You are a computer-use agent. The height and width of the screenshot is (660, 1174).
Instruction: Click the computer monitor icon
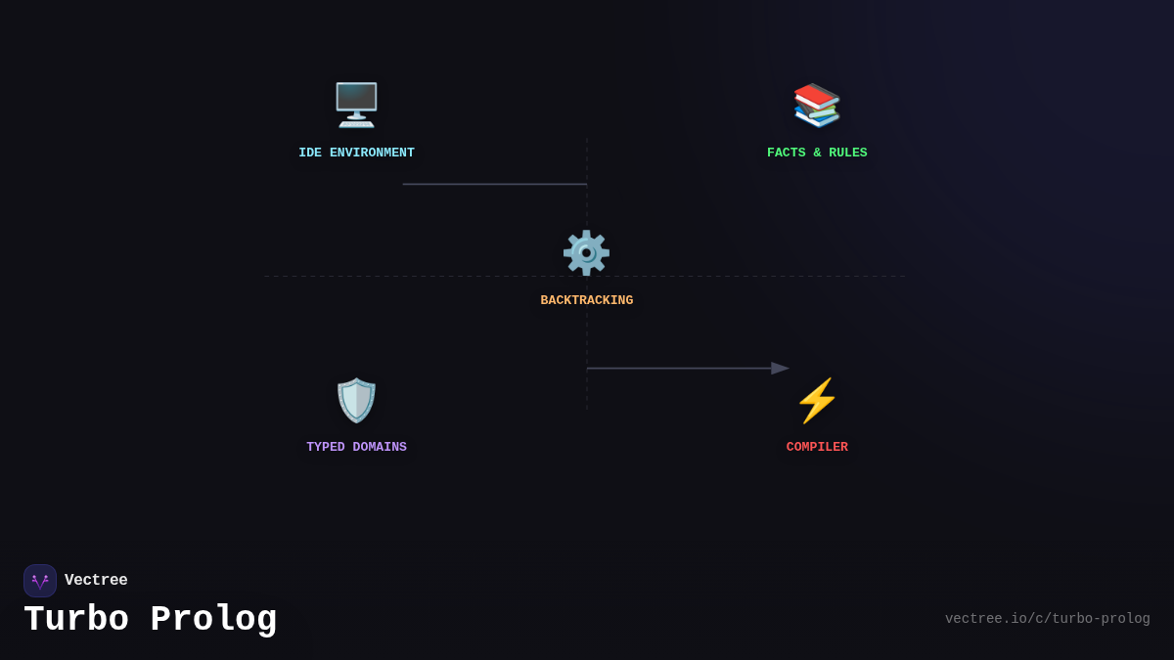[x=356, y=105]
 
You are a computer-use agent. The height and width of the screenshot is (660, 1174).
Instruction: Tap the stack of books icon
[x=817, y=105]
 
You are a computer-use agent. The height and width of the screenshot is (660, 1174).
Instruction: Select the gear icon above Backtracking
[x=586, y=252]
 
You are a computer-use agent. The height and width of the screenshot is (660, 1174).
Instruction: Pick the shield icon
[x=356, y=400]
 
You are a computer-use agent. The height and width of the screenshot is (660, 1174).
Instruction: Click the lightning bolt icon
[x=817, y=400]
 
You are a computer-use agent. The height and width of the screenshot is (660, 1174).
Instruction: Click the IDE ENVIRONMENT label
[x=356, y=154]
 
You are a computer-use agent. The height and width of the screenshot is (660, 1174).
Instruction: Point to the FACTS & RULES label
[x=817, y=154]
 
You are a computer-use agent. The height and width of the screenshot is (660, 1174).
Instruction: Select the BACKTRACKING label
[x=586, y=301]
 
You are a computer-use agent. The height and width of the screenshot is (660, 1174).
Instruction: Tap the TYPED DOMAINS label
[x=356, y=448]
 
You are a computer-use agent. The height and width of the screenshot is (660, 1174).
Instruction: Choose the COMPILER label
[x=817, y=448]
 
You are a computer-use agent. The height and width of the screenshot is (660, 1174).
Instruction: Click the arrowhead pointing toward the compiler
[x=780, y=369]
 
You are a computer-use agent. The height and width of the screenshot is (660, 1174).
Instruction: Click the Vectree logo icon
[x=40, y=581]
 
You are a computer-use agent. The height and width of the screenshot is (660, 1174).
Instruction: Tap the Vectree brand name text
[x=96, y=581]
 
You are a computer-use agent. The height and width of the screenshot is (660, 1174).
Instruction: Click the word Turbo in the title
[x=75, y=620]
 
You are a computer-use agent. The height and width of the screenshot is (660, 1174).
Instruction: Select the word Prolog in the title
[x=213, y=620]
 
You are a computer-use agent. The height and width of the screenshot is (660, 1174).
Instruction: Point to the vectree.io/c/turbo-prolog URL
[x=1047, y=619]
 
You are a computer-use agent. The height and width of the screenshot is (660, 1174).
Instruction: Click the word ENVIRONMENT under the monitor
[x=372, y=154]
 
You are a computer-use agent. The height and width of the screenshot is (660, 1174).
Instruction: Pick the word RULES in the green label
[x=847, y=154]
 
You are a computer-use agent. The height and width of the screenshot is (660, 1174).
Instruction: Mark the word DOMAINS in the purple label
[x=380, y=448]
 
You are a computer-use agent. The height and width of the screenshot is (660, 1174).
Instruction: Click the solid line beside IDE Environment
[x=494, y=184]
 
